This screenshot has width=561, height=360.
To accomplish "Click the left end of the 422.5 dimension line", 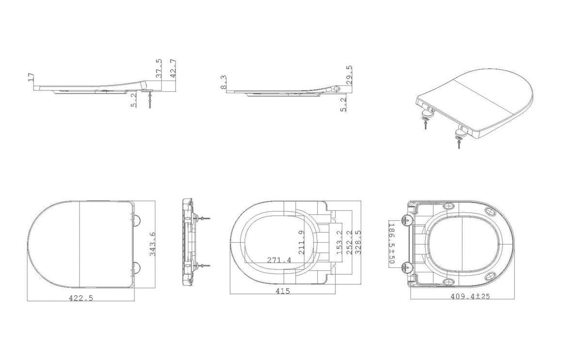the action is pyautogui.click(x=28, y=301).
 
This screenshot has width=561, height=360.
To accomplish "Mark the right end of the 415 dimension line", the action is pyautogui.click(x=335, y=294).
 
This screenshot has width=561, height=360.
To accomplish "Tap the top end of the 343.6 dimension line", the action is pyautogui.click(x=155, y=201).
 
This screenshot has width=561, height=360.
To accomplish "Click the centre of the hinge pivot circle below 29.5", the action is pyautogui.click(x=337, y=88).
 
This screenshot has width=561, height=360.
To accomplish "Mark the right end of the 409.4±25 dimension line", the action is pyautogui.click(x=515, y=299).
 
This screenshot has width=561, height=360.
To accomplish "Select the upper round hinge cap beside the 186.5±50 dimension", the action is pyautogui.click(x=407, y=220).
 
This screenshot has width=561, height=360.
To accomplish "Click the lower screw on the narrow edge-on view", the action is pyautogui.click(x=203, y=265).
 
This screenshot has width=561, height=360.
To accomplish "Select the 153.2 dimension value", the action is pyautogui.click(x=340, y=242).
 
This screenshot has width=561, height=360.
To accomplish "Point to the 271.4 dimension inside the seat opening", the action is pyautogui.click(x=279, y=260).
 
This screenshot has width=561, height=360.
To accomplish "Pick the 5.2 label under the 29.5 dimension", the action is pyautogui.click(x=344, y=105).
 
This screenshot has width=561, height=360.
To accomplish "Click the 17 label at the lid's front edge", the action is pyautogui.click(x=31, y=77).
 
